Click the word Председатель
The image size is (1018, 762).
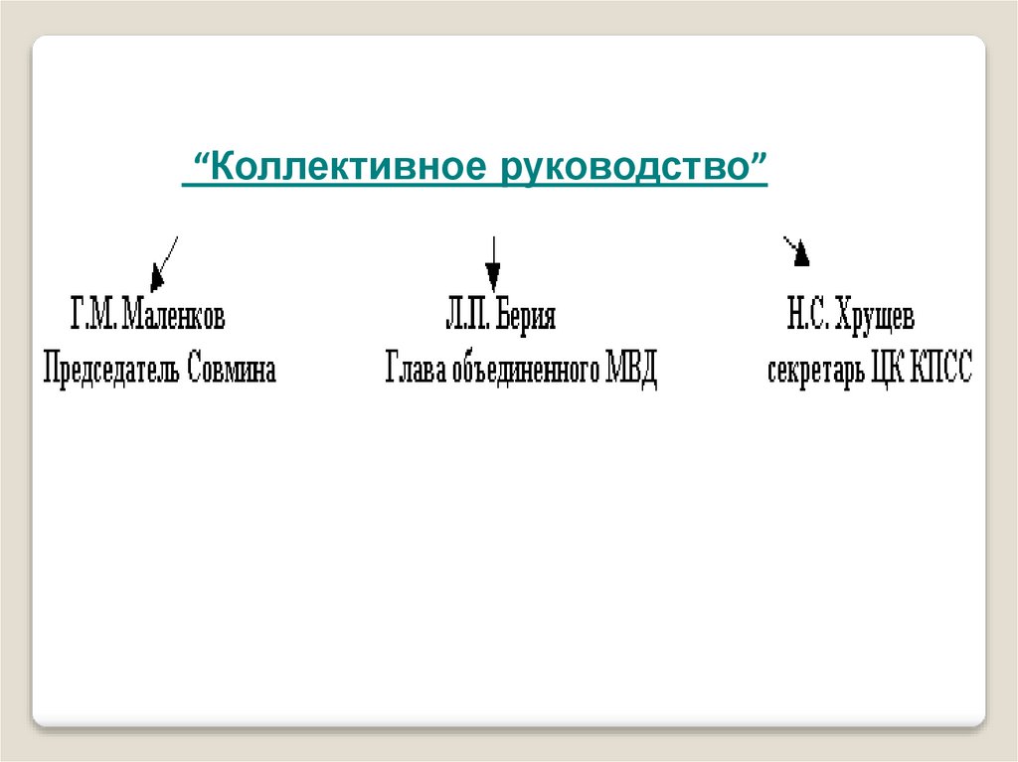(111, 371)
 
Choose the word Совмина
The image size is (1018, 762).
(232, 371)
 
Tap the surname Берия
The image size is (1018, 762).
(524, 318)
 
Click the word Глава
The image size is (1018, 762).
(416, 371)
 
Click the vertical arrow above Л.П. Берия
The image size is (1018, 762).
(492, 263)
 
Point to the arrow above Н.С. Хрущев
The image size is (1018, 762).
(797, 252)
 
